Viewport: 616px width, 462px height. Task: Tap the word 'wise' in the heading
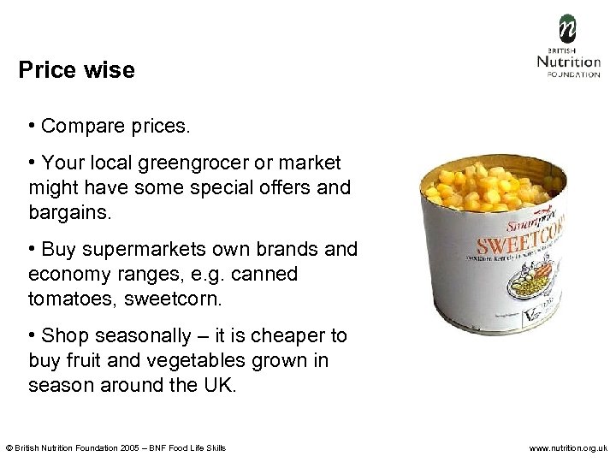pyautogui.click(x=109, y=70)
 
